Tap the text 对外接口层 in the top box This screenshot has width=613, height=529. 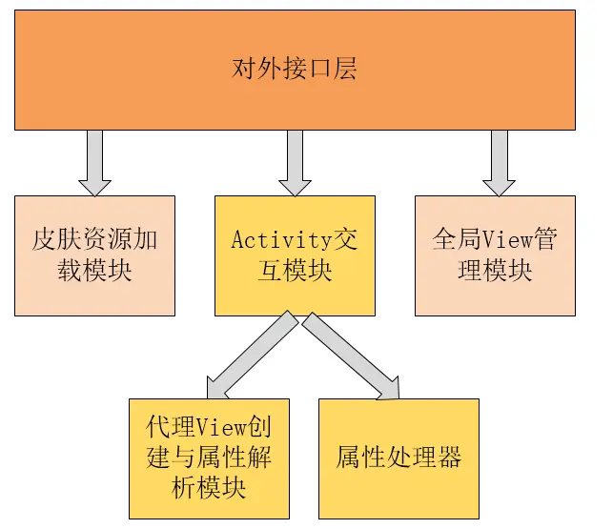tap(295, 69)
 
